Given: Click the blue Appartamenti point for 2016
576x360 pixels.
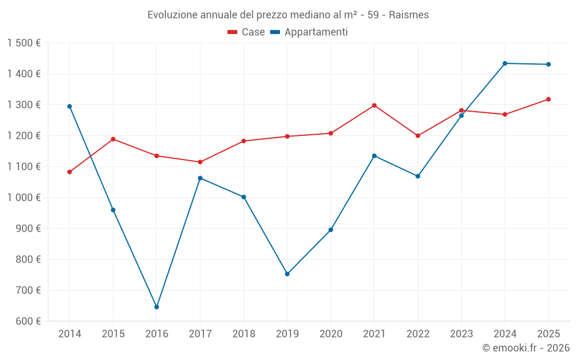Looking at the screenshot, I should click(157, 307).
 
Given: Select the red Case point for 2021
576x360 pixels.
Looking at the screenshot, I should click(374, 105).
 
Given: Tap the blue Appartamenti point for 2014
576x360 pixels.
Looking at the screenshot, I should click(70, 107).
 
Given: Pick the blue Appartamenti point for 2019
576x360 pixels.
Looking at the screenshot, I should click(287, 274).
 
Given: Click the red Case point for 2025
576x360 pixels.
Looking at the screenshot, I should click(548, 99).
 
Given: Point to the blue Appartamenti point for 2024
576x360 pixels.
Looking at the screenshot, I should click(505, 63).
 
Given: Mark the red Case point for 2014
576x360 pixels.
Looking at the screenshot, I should click(70, 172).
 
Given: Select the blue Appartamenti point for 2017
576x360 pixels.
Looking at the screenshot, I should click(200, 178).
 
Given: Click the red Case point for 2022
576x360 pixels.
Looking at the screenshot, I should click(418, 136).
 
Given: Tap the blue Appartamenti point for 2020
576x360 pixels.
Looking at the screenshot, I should click(331, 230).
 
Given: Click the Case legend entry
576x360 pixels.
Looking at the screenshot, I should click(247, 32).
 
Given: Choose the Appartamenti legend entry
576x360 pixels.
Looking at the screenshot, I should click(309, 32).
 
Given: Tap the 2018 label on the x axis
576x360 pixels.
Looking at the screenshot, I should click(244, 334).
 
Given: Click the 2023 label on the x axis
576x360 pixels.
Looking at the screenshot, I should click(461, 334).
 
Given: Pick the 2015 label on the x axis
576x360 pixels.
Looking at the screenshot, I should click(113, 334).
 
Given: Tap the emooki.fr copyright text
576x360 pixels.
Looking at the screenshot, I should click(526, 348).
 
